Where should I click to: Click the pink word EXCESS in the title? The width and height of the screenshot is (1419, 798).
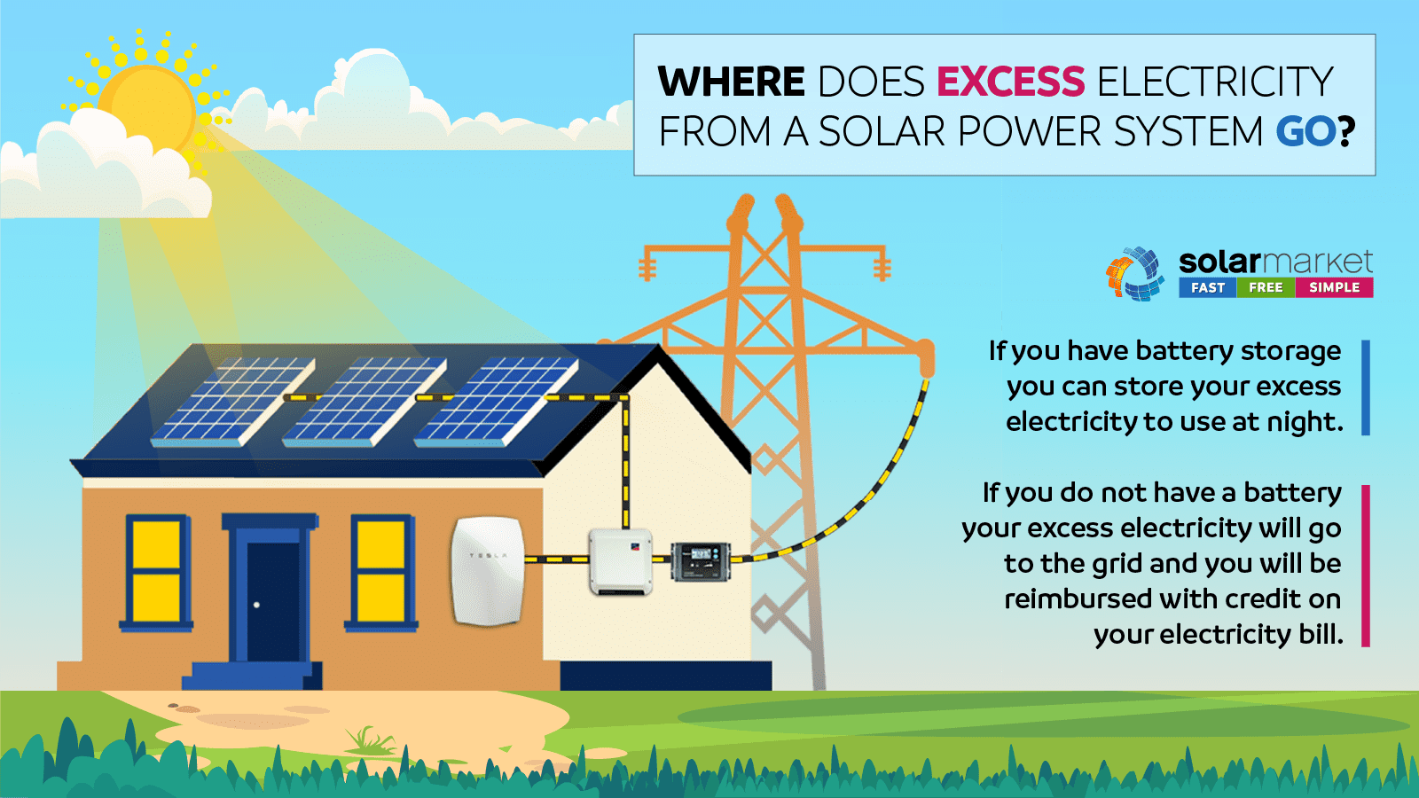point(1010,82)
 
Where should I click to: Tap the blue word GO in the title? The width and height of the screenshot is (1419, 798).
point(1305,132)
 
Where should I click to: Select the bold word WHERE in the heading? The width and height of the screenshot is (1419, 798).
point(732,82)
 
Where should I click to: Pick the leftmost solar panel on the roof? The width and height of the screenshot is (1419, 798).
point(233,402)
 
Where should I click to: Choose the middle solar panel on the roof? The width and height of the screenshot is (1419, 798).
point(365,402)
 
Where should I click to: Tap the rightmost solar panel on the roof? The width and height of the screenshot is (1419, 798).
point(496,402)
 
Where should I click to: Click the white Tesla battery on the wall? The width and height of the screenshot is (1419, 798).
point(488,571)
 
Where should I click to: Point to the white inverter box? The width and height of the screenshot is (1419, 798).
point(621,561)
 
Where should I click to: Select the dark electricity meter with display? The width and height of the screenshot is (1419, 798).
point(701,561)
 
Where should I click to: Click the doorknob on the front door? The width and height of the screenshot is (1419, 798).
point(256,605)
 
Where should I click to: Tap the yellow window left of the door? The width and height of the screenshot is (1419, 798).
point(156,573)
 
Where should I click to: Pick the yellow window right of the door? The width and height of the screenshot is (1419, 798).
point(380,573)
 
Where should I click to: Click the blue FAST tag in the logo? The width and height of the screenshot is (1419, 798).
point(1207,287)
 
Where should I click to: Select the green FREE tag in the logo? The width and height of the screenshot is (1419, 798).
point(1266,287)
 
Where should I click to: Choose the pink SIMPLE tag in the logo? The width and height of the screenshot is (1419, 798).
point(1334,287)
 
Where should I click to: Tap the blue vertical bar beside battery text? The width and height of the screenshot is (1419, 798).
point(1366,387)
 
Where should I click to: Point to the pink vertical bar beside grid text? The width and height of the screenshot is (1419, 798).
point(1366,566)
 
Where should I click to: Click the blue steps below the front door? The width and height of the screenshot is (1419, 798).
point(252,676)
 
